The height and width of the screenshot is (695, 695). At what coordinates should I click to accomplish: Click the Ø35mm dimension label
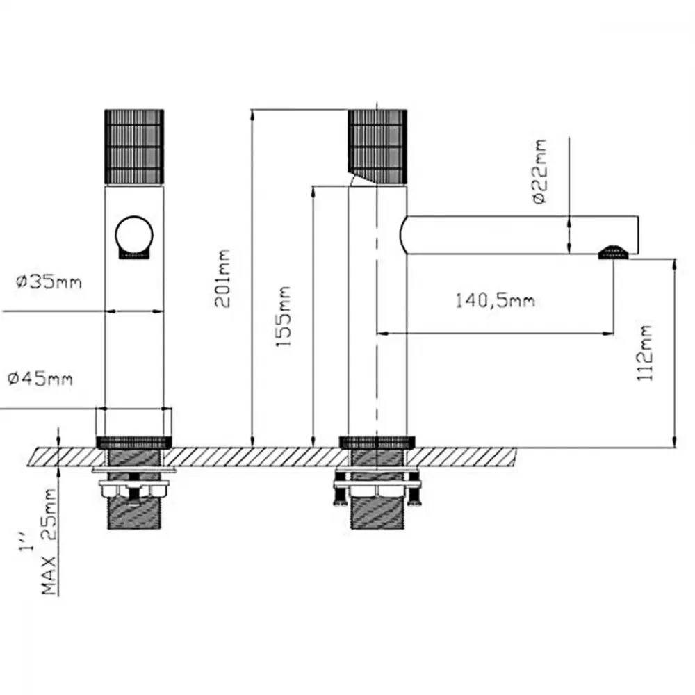tap(49, 282)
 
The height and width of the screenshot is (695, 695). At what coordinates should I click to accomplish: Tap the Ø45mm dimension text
tap(40, 379)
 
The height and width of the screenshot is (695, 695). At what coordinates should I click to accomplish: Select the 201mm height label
tap(222, 279)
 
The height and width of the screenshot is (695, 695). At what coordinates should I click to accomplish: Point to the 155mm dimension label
tap(284, 316)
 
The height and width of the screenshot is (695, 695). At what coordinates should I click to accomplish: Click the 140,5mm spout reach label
tap(496, 301)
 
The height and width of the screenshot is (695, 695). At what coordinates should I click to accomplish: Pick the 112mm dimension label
tap(645, 353)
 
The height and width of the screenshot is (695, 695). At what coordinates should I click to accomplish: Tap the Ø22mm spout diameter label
tap(539, 171)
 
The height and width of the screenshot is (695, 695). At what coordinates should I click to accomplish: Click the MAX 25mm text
tap(49, 541)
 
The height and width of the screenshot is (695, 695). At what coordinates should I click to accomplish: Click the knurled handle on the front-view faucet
tap(134, 147)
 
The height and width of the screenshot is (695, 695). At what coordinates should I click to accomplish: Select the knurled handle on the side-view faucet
tap(377, 146)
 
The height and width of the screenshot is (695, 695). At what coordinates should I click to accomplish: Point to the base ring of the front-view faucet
tap(134, 442)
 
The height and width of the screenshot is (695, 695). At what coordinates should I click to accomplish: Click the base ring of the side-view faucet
tap(377, 442)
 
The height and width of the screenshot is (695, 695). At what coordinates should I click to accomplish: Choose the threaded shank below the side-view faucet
tap(377, 512)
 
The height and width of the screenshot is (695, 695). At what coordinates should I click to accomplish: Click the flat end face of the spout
tap(638, 235)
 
